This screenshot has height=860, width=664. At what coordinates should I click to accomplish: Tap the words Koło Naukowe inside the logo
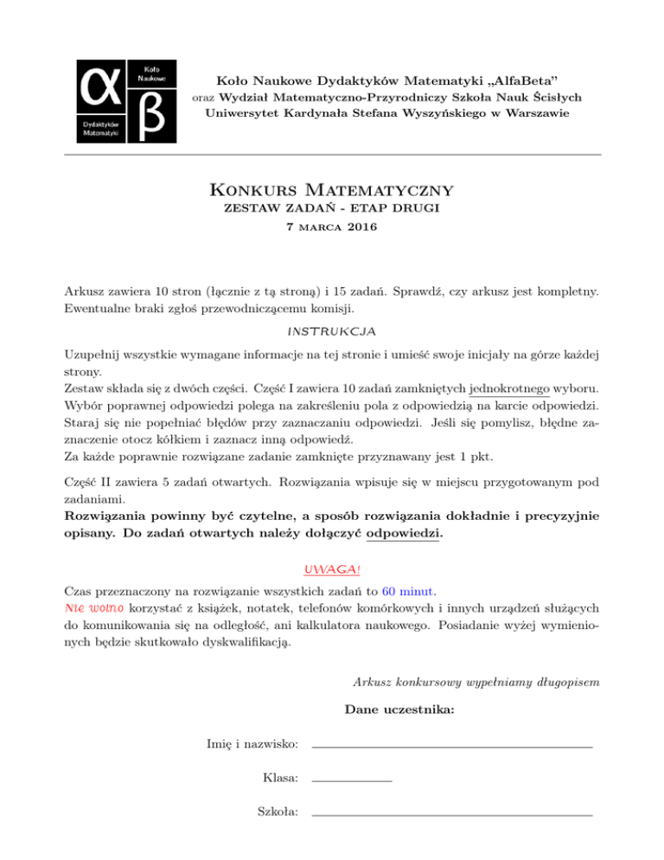tap(144, 73)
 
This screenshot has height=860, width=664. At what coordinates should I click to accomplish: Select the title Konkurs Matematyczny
tap(332, 189)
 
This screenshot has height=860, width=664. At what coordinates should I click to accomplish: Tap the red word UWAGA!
tap(332, 569)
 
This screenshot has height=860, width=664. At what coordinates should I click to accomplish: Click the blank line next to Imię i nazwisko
tap(451, 746)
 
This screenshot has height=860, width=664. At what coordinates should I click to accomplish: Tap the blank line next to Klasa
tap(351, 781)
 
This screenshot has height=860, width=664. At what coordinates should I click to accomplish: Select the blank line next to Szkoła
tap(451, 815)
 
